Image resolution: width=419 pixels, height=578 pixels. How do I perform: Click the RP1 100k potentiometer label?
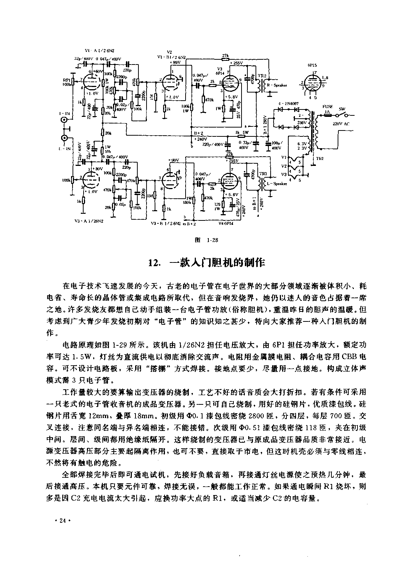pos(67,81)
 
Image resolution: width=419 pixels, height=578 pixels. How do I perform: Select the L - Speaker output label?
pos(277,184)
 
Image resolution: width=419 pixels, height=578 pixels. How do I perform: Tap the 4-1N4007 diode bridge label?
pos(288,104)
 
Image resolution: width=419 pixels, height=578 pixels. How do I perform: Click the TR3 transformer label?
pos(263,173)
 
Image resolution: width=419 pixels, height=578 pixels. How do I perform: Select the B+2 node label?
pos(198,133)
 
